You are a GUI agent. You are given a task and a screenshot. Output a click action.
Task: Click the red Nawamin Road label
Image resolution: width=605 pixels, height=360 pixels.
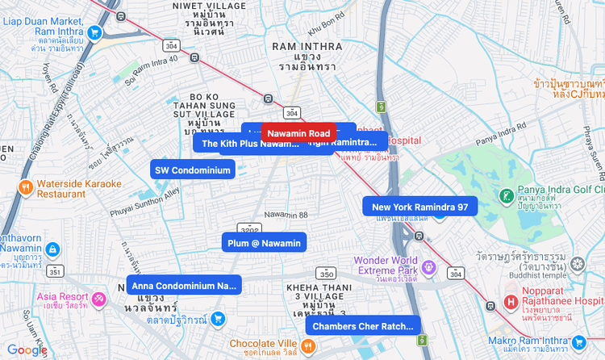coord(298,132)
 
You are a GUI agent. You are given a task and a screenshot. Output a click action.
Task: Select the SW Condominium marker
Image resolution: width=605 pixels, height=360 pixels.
coord(193,170)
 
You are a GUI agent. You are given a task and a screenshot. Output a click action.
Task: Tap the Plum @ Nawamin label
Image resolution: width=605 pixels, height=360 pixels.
coord(264,243)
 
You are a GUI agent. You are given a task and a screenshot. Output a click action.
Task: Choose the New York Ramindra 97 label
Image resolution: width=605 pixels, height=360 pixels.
coord(419,207)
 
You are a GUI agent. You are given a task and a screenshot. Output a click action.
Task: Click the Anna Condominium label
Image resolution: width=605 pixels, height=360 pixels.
coord(184,286)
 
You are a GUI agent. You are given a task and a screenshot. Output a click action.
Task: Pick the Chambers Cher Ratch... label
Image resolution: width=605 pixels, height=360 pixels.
coord(362,326)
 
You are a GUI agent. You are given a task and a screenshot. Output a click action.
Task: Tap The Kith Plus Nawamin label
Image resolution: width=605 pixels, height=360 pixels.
coord(249,143)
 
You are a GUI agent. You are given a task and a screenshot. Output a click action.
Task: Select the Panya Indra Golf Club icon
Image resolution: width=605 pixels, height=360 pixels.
coord(506,196)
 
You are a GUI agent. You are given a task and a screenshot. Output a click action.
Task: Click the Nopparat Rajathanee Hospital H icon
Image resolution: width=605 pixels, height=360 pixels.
coord(510,303)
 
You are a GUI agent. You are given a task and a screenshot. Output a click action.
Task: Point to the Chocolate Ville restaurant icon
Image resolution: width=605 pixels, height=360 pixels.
coord(308,347)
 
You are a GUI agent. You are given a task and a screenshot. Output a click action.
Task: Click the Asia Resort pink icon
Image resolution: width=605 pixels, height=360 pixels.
coord(98,299)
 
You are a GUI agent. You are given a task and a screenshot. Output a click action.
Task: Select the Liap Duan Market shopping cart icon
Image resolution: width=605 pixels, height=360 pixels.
coord(95,32)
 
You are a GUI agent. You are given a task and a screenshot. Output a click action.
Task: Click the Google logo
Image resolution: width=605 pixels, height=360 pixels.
coord(27,350)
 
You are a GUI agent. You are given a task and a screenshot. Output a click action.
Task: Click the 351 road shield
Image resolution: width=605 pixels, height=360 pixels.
coord(55,270)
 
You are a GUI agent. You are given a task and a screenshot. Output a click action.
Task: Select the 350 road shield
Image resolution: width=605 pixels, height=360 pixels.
coord(326,273)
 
